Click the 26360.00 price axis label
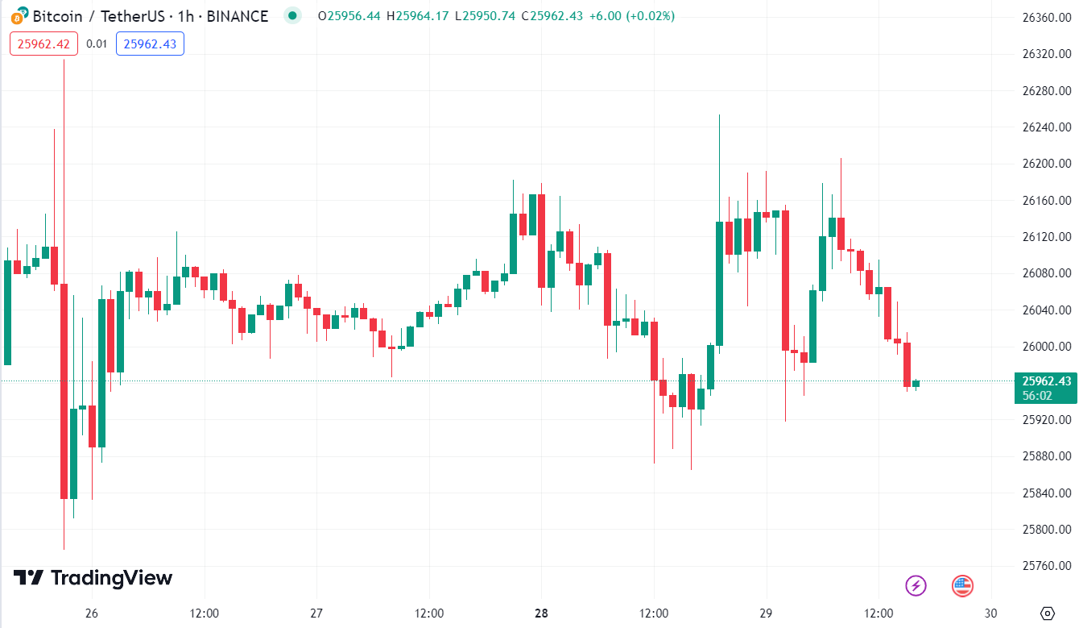1046,17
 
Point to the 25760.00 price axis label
1046,566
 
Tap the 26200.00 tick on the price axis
1046,164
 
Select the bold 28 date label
541,613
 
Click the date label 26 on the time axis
92,613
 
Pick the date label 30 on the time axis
990,613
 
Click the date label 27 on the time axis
316,613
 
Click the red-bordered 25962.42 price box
43,44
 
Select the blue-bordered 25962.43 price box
150,44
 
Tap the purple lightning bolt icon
916,586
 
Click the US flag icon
963,586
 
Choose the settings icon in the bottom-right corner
1047,613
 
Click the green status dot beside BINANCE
292,15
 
